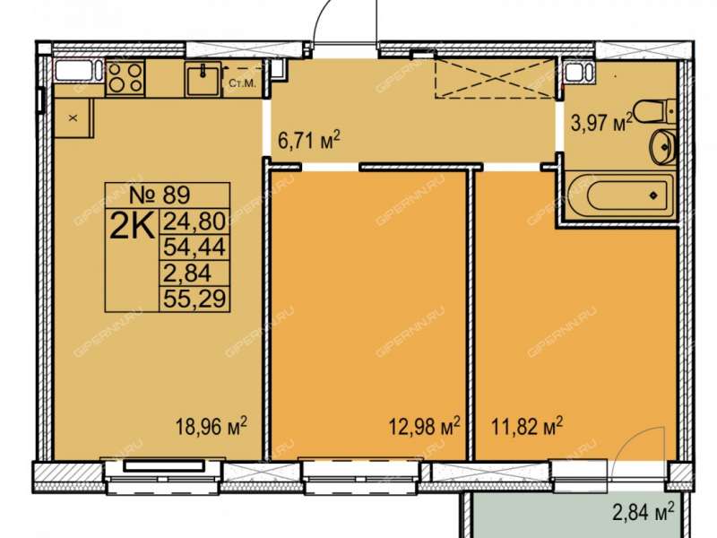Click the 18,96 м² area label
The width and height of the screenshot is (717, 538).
click(212, 427)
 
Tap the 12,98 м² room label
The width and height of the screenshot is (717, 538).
click(424, 427)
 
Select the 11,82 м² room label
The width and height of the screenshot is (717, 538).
click(527, 427)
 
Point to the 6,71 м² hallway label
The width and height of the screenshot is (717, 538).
click(309, 140)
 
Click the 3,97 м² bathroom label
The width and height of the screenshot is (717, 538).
click(601, 123)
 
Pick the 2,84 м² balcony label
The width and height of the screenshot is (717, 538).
click(644, 512)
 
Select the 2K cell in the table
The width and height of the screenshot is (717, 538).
click(132, 225)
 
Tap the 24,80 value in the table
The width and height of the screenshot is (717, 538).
click(194, 221)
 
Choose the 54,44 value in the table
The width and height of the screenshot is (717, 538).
click(194, 247)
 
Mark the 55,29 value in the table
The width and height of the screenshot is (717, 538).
click(194, 299)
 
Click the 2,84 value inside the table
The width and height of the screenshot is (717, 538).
click(187, 273)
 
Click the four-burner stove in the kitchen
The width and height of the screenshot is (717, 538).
click(125, 78)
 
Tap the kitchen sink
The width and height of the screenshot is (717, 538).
click(203, 79)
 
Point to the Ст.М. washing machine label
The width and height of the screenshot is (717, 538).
click(241, 84)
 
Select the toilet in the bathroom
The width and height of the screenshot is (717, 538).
click(655, 110)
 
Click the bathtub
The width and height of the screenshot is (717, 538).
click(620, 196)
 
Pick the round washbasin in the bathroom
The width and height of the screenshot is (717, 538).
click(662, 146)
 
